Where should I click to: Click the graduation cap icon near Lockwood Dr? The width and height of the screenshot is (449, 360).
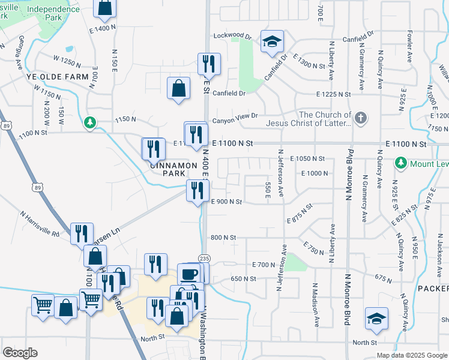[x=272, y=42]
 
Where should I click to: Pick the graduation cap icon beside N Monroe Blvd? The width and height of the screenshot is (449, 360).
[x=376, y=319]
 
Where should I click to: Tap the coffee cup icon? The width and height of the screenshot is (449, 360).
[x=190, y=274]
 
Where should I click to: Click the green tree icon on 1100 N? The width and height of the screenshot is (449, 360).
[x=90, y=122]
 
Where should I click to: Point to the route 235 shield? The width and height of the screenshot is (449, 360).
[x=205, y=258]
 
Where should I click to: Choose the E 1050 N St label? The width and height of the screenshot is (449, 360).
[x=307, y=158]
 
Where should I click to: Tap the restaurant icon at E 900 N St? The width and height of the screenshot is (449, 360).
[x=196, y=191]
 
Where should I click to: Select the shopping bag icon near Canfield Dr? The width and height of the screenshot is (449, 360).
[x=179, y=88]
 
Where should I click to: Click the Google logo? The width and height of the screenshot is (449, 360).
[x=20, y=353]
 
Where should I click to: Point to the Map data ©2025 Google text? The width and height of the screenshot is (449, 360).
[x=412, y=355]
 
